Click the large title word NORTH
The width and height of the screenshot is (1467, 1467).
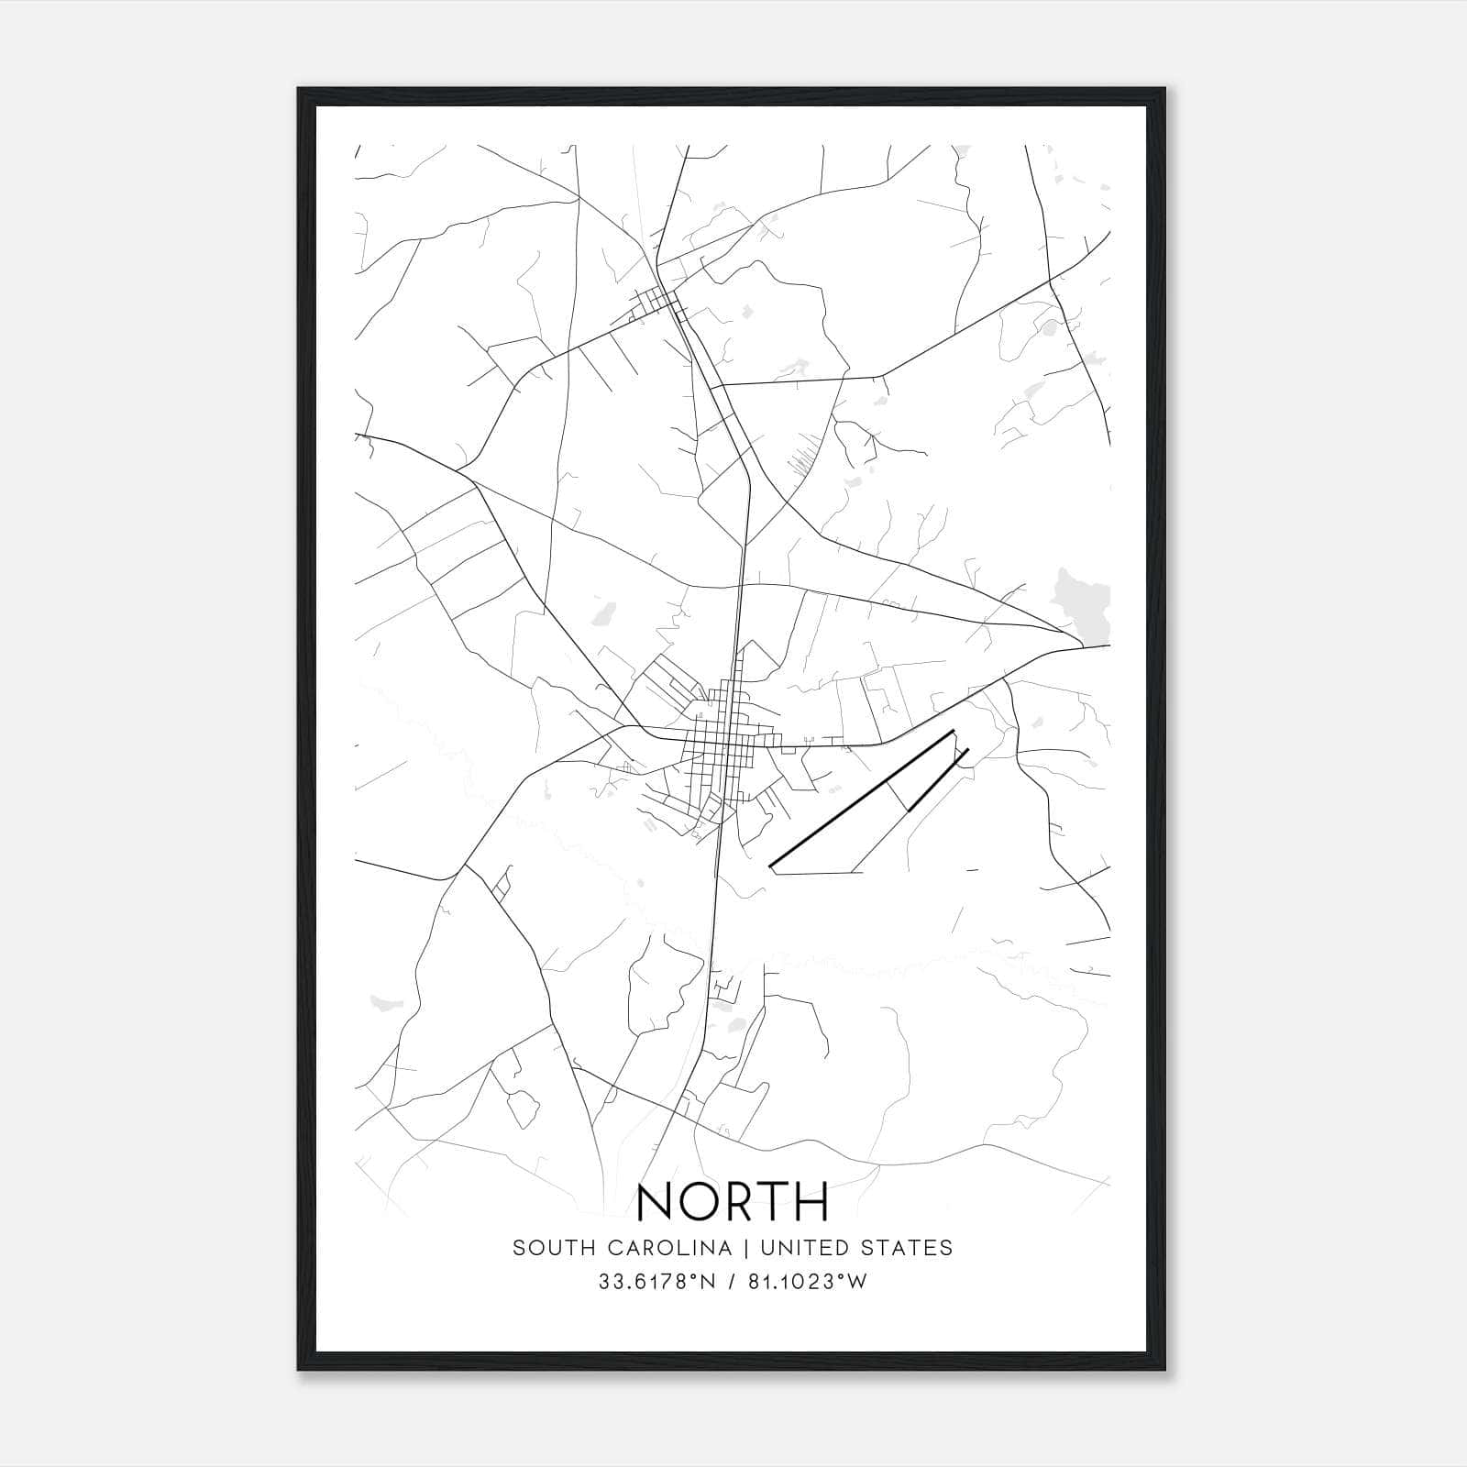click(733, 1201)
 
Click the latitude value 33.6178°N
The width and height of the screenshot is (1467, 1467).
click(656, 1282)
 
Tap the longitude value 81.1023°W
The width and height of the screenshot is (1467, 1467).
click(807, 1282)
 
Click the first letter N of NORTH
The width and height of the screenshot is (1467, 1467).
click(656, 1201)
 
